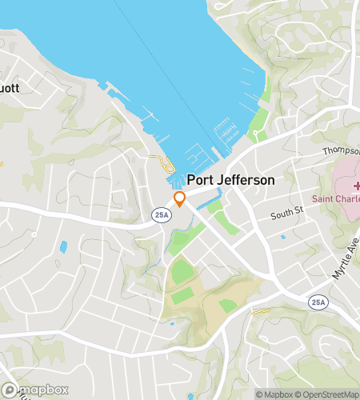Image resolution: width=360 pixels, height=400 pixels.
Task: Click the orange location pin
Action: tap(180, 199)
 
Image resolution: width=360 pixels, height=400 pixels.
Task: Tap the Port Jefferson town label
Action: tap(230, 181)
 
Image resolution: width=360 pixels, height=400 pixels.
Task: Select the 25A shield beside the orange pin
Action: tap(158, 214)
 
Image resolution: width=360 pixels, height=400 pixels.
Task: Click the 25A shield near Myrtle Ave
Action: tap(316, 301)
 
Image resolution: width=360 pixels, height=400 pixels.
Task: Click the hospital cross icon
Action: tap(355, 186)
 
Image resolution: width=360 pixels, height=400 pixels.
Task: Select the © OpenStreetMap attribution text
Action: tap(329, 394)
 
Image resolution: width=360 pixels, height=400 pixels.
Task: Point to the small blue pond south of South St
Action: tap(282, 237)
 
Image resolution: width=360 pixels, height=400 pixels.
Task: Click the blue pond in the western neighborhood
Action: tap(63, 247)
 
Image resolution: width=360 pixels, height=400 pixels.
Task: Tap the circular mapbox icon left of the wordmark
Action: tap(8, 390)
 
